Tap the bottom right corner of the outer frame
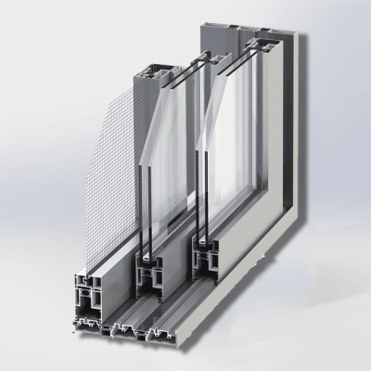click(x=316, y=278)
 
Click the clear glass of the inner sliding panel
click(x=250, y=158)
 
